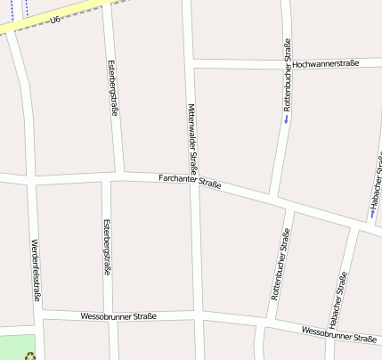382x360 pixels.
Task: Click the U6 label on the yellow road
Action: point(55,19)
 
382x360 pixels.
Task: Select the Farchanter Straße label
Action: point(189,181)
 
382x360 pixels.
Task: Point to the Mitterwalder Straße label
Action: point(191,138)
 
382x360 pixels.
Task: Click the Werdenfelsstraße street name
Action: point(36,271)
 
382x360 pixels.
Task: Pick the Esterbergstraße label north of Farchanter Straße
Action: point(112,88)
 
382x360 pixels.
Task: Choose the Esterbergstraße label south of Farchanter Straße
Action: point(106,246)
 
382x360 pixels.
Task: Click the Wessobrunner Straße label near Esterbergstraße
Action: point(118,315)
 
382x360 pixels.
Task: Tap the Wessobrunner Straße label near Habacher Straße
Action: point(338,334)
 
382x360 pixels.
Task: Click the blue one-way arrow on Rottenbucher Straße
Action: point(286,119)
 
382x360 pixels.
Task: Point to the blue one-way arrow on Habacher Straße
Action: point(371,213)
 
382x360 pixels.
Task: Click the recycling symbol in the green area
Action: point(31,355)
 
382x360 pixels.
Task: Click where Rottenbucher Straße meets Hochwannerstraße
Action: point(287,63)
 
